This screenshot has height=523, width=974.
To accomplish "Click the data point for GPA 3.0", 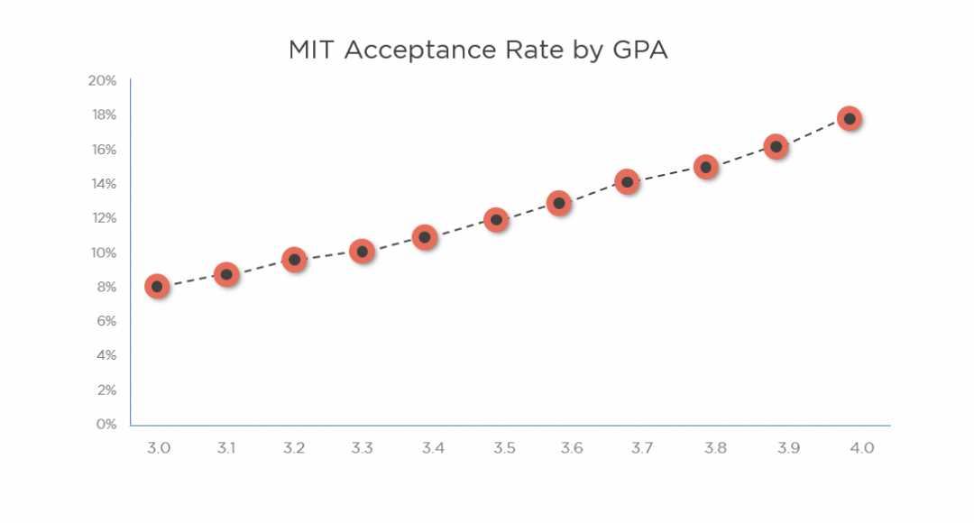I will [157, 287].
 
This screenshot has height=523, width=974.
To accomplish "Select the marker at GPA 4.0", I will [849, 118].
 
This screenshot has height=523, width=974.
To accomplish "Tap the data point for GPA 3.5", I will [496, 219].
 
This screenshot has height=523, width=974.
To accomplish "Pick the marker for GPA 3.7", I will [627, 182].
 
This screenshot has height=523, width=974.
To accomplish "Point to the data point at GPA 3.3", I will [362, 252].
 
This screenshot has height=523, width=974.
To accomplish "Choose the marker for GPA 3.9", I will [776, 147].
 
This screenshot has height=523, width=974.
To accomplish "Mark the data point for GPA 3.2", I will [293, 260].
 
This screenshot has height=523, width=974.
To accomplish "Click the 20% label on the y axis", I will [102, 80].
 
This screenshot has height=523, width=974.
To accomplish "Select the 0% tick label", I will [106, 424].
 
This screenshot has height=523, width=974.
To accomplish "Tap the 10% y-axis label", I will [102, 252].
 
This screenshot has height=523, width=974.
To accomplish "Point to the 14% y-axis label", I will [102, 184].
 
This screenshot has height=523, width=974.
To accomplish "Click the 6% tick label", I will [106, 321].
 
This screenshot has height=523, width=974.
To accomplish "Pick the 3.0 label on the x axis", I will [158, 448].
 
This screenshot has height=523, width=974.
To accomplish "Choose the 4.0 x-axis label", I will [861, 448].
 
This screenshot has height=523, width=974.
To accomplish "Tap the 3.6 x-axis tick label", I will [571, 448].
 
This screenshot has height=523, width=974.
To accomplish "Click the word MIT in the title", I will [313, 50].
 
